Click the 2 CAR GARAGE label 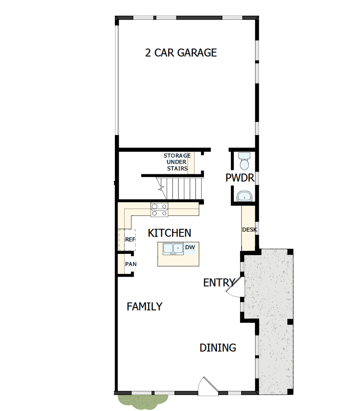[181, 53]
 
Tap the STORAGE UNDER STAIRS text [177, 162]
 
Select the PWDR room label [240, 178]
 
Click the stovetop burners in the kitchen [159, 210]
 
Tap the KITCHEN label [169, 233]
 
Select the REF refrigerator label [130, 239]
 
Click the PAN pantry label [131, 264]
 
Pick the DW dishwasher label [190, 247]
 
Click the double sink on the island [173, 248]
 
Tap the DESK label [249, 230]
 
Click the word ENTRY [219, 282]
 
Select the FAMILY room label [144, 306]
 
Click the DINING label [218, 348]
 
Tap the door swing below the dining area [207, 385]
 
